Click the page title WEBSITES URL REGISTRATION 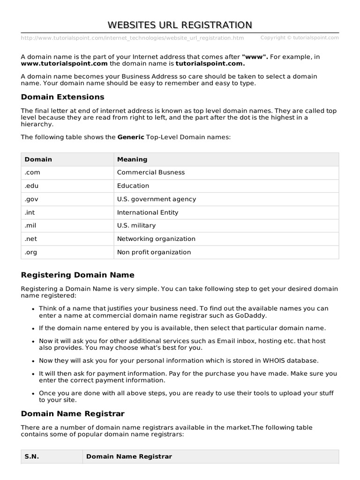click(180, 24)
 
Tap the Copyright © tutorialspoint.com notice click(299, 38)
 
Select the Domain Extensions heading click(62, 97)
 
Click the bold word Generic click(131, 137)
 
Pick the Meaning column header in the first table click(132, 159)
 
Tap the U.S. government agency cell click(156, 199)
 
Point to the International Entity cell click(148, 212)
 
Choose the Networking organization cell click(156, 239)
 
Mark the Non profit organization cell click(154, 252)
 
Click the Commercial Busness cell click(150, 172)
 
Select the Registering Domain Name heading click(77, 275)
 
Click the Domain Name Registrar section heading click(73, 414)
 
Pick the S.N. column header click(32, 457)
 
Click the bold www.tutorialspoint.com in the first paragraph click(64, 63)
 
